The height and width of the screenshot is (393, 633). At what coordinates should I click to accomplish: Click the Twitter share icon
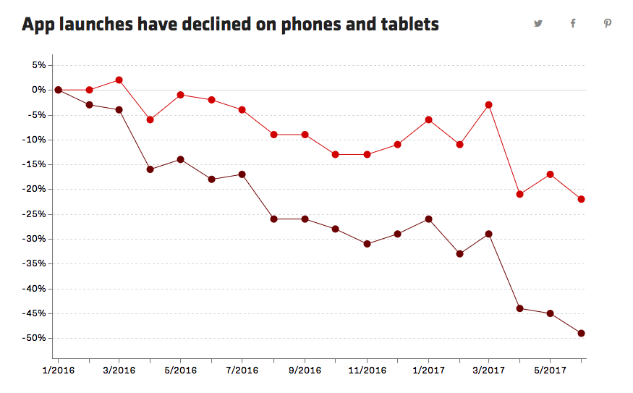click(538, 23)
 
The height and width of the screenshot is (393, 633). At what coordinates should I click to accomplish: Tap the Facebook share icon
click(573, 23)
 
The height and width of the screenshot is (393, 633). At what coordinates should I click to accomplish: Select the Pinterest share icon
click(608, 23)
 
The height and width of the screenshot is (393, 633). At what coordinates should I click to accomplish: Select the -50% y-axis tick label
click(35, 338)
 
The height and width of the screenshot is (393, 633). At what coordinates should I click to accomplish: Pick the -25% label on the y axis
click(35, 214)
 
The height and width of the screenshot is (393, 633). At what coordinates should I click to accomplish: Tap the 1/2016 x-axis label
click(57, 371)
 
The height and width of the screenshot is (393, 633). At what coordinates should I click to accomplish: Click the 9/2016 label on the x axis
click(305, 371)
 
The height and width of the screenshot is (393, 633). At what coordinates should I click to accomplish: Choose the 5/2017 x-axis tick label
click(551, 371)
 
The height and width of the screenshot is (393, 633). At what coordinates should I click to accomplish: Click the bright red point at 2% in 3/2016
click(119, 80)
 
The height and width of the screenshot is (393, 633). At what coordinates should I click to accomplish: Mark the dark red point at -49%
click(582, 333)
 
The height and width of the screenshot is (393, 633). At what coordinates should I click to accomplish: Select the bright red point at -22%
click(582, 199)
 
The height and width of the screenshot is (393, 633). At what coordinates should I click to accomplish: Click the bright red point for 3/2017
click(489, 105)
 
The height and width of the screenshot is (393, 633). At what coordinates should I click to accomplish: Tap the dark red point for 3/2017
click(489, 234)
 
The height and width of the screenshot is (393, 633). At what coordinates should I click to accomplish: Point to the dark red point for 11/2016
click(367, 244)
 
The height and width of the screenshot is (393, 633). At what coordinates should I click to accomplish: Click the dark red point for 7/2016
click(242, 174)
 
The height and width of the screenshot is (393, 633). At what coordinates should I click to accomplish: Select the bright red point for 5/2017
click(551, 174)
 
